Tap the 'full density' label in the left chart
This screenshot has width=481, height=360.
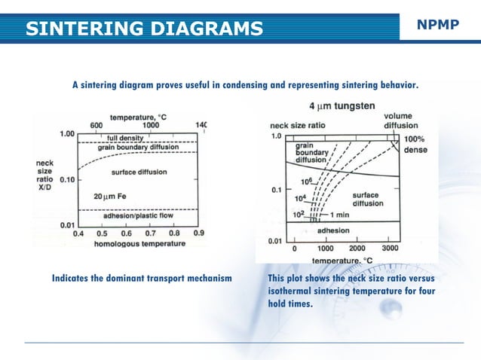[x=127, y=138]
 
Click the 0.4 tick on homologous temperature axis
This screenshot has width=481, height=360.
[x=78, y=233]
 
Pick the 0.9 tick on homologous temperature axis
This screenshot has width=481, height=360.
[x=198, y=233]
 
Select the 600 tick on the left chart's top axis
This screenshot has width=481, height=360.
[x=97, y=125]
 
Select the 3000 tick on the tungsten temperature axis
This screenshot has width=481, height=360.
[x=390, y=248]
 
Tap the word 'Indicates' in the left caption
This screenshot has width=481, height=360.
[x=73, y=279]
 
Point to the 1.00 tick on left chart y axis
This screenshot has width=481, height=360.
[x=67, y=133]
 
